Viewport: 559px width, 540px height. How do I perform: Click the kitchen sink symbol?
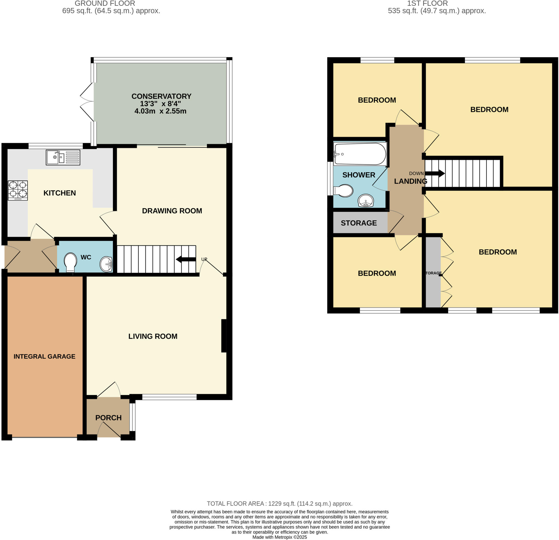tap(63, 157)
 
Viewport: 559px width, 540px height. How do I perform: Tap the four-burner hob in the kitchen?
tap(18, 190)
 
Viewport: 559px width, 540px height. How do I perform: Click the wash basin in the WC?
tap(106, 264)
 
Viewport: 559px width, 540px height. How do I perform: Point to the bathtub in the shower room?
tap(360, 154)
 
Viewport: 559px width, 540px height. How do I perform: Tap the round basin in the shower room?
tap(366, 201)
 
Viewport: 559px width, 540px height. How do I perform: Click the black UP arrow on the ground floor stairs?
tap(186, 259)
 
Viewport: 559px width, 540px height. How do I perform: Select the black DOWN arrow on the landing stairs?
tap(435, 173)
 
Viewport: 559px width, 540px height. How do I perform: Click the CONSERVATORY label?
tap(161, 96)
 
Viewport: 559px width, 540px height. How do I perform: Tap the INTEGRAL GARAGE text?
tap(44, 356)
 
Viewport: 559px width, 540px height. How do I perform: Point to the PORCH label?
tap(108, 418)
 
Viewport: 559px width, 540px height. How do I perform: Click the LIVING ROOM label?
tap(153, 336)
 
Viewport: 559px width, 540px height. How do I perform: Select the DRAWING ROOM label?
tap(172, 211)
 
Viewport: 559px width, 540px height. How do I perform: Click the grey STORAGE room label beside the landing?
tap(359, 223)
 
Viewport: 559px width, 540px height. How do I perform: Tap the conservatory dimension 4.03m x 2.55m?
tap(160, 111)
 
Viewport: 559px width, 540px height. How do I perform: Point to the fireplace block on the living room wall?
tap(224, 336)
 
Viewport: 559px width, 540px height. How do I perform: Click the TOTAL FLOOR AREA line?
tap(279, 504)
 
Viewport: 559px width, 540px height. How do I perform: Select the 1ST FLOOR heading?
tap(427, 4)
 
